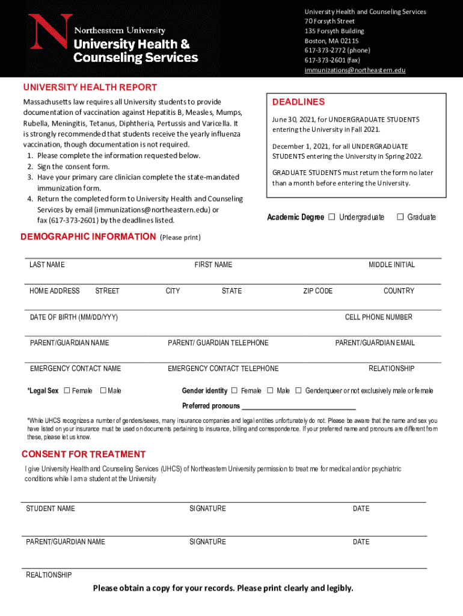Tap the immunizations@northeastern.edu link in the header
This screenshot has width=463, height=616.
pos(355,70)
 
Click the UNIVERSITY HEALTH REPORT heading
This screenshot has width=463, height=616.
pos(90,87)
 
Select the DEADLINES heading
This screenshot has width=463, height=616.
pos(298,102)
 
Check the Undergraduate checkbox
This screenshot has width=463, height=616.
pos(331,217)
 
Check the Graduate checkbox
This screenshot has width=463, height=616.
pos(400,217)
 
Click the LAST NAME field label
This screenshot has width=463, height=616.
pos(48,265)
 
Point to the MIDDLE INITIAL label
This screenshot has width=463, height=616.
pos(391,265)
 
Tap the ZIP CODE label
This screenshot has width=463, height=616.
pos(317,291)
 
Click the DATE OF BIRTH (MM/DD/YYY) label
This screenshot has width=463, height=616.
pos(74,317)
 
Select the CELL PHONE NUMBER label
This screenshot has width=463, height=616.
pos(378,317)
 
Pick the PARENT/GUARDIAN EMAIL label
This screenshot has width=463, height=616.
pos(375,343)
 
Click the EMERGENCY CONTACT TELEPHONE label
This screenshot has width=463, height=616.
pos(223,369)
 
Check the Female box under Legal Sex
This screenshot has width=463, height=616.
pos(67,390)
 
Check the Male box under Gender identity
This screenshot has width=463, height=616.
pos(270,390)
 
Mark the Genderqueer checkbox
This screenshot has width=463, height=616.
pos(298,390)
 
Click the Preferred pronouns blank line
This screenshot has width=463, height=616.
pos(299,407)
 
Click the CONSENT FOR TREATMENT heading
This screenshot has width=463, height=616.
pos(84,454)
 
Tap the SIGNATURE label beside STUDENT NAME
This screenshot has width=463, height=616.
pos(207,509)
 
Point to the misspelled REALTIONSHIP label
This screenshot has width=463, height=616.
pos(49,575)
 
